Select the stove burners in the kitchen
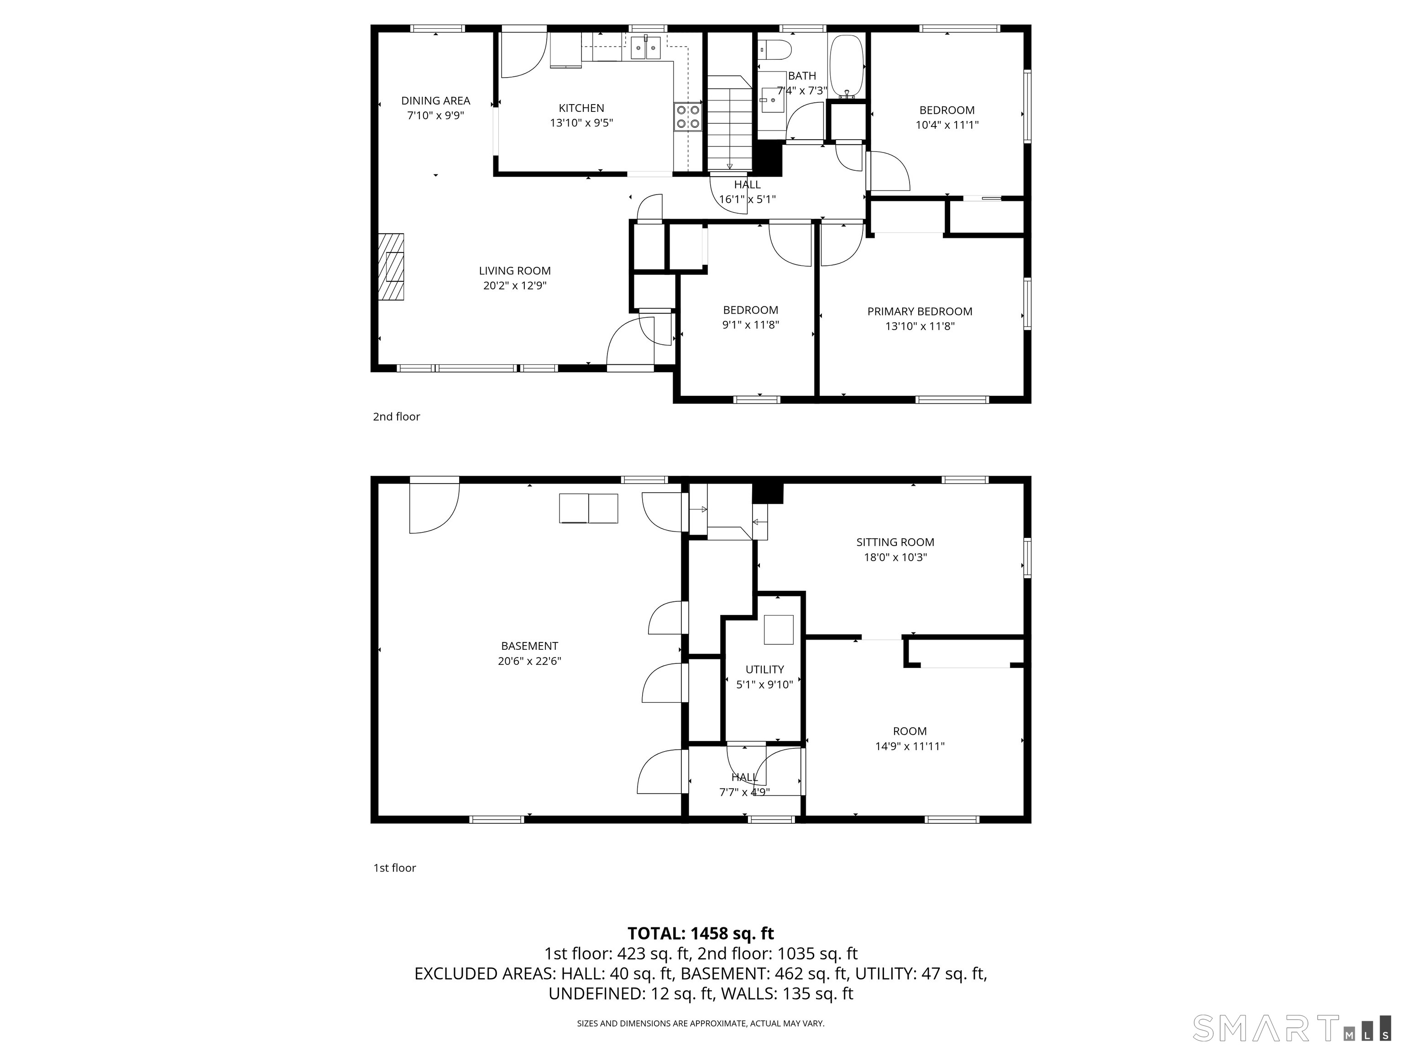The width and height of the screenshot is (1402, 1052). [x=688, y=117]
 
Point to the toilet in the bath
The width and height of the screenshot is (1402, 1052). [x=774, y=49]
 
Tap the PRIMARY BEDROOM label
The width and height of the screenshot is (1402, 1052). [x=920, y=311]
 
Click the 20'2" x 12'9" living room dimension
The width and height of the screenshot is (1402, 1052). [x=515, y=286]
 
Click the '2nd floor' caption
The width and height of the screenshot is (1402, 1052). [x=396, y=416]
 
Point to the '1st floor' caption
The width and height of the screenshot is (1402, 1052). [x=394, y=868]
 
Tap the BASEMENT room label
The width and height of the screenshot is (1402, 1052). [x=529, y=646]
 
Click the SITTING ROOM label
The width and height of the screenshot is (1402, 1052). [x=895, y=542]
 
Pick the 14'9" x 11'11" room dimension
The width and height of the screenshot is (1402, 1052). [x=910, y=747]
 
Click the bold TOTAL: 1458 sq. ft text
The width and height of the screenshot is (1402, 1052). [x=701, y=933]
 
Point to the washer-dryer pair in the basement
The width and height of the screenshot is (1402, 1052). [x=588, y=509]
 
